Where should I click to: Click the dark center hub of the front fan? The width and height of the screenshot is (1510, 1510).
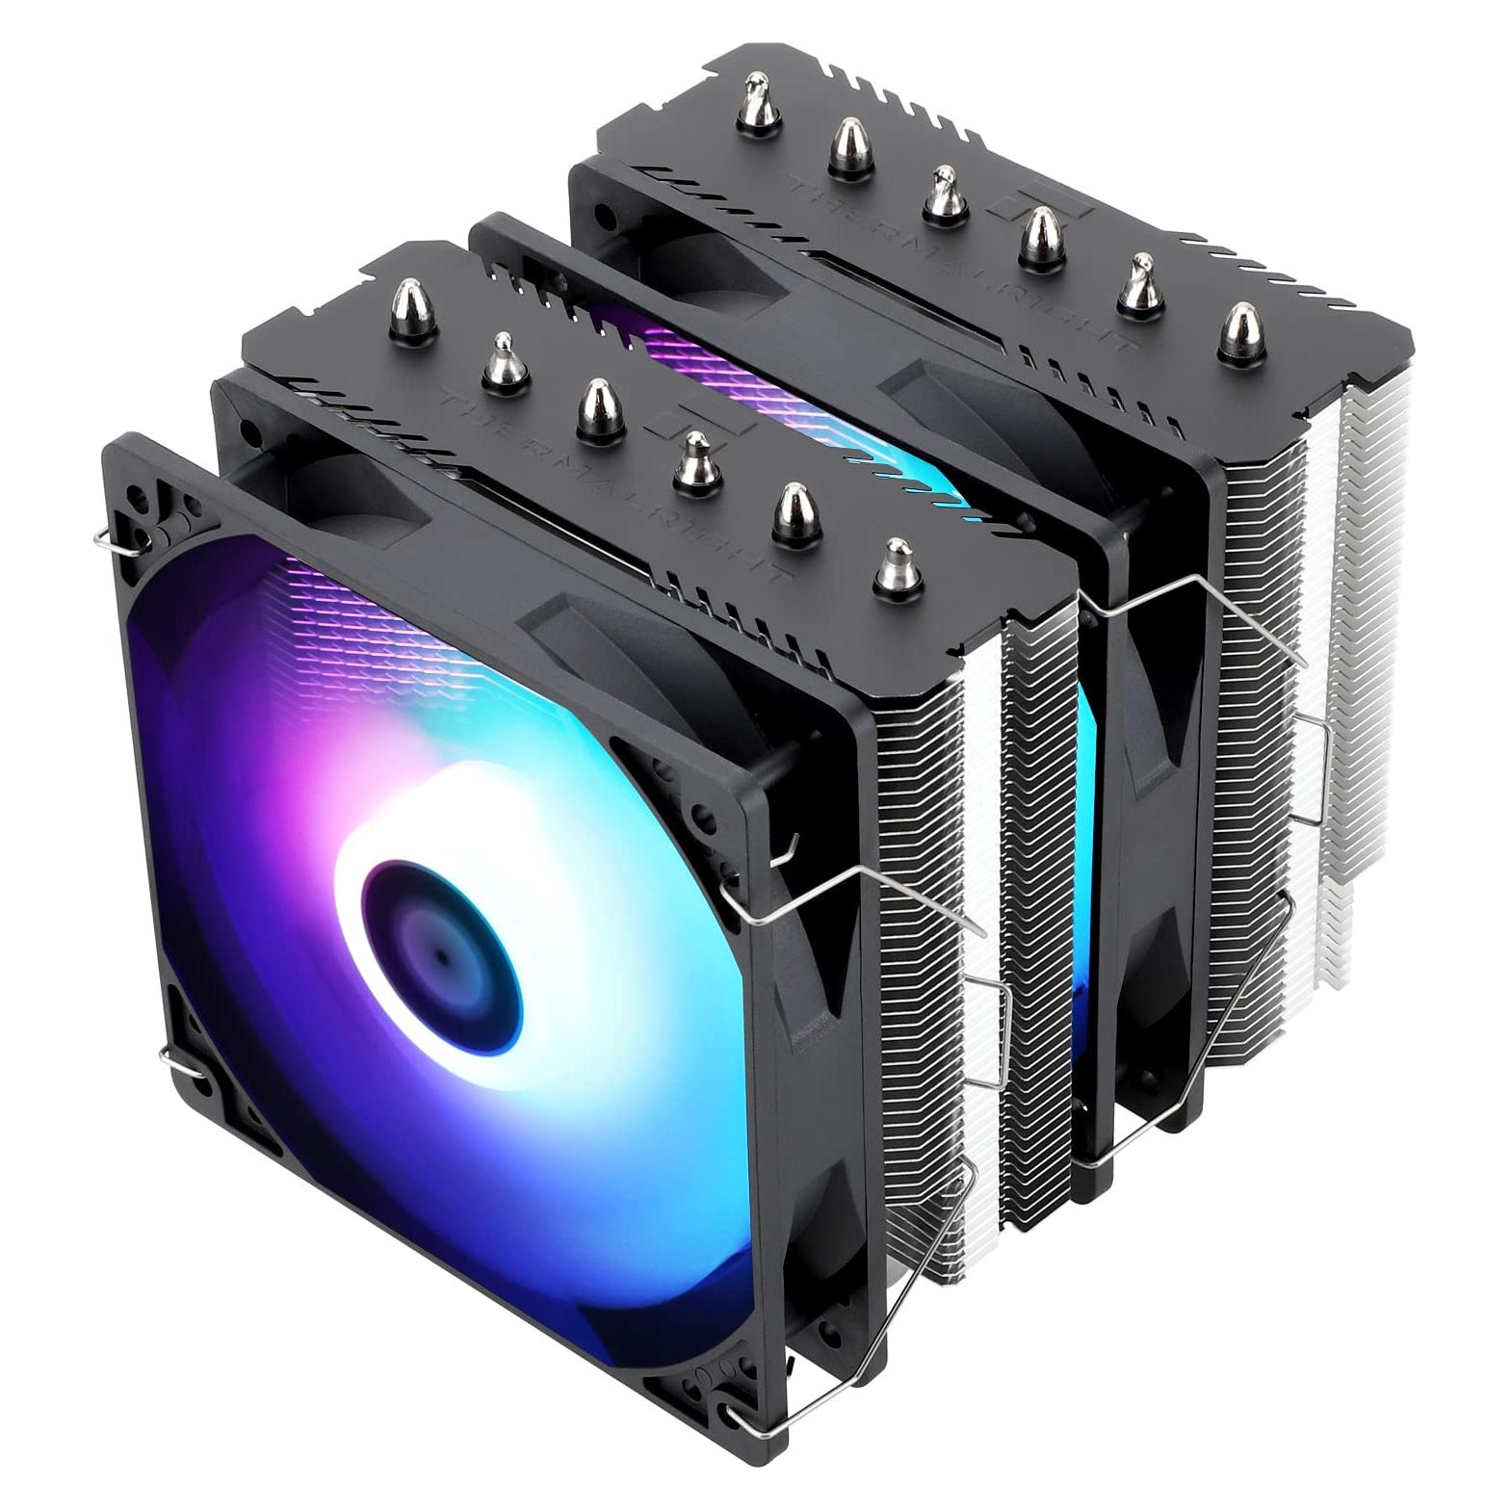tap(440, 949)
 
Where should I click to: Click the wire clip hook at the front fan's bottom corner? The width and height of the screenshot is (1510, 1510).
tap(746, 1444)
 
